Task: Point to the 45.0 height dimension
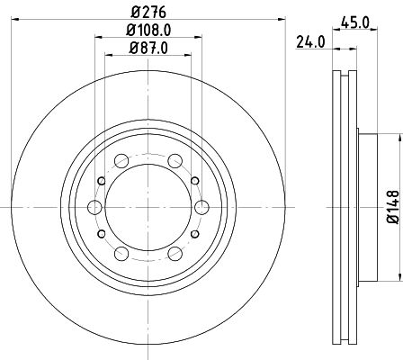pos(359,25)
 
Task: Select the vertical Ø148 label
pos(393,205)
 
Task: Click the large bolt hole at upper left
pos(121,162)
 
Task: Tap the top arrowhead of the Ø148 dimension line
pos(396,138)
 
